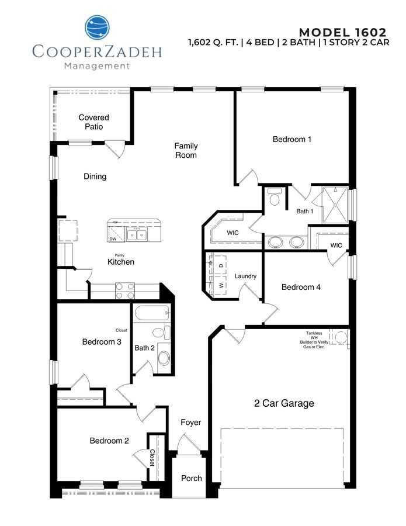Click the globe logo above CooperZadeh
pyautogui.click(x=97, y=28)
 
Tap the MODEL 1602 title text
pyautogui.click(x=342, y=32)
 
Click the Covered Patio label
pyautogui.click(x=93, y=122)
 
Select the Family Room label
pyautogui.click(x=186, y=150)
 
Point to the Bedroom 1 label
pyautogui.click(x=292, y=139)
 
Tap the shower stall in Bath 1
pyautogui.click(x=335, y=205)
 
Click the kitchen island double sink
pyautogui.click(x=137, y=235)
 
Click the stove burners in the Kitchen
pyautogui.click(x=124, y=291)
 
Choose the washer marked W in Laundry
pyautogui.click(x=220, y=286)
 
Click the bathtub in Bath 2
pyautogui.click(x=152, y=314)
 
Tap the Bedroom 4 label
pyautogui.click(x=301, y=287)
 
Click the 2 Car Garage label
pyautogui.click(x=284, y=403)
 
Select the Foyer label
pyautogui.click(x=190, y=422)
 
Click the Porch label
pyautogui.click(x=191, y=478)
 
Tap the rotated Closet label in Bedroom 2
pyautogui.click(x=152, y=457)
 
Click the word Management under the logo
pyautogui.click(x=96, y=66)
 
